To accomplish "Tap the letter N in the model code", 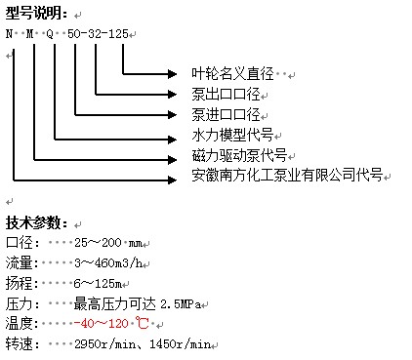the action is click(x=9, y=33).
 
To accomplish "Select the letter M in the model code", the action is click(x=30, y=33).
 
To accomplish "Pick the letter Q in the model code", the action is click(x=50, y=34).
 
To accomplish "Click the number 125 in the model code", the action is click(x=118, y=33).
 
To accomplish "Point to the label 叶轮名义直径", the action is click(x=232, y=73).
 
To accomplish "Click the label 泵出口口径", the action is click(x=226, y=95).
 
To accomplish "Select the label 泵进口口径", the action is click(x=226, y=114).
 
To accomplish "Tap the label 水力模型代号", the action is click(x=232, y=135).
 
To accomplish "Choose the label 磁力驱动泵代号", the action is click(x=239, y=155).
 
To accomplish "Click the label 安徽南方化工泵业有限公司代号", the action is click(x=287, y=176).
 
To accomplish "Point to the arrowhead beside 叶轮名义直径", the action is click(x=172, y=74).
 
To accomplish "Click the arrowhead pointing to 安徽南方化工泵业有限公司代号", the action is click(x=172, y=180).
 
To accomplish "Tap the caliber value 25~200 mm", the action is click(x=108, y=243).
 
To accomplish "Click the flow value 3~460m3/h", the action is click(x=108, y=262).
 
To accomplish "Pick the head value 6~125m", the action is click(x=98, y=283).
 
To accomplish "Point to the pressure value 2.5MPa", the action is click(x=181, y=303).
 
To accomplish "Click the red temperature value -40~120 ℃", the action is click(x=111, y=324).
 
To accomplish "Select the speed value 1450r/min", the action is click(x=180, y=344).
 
